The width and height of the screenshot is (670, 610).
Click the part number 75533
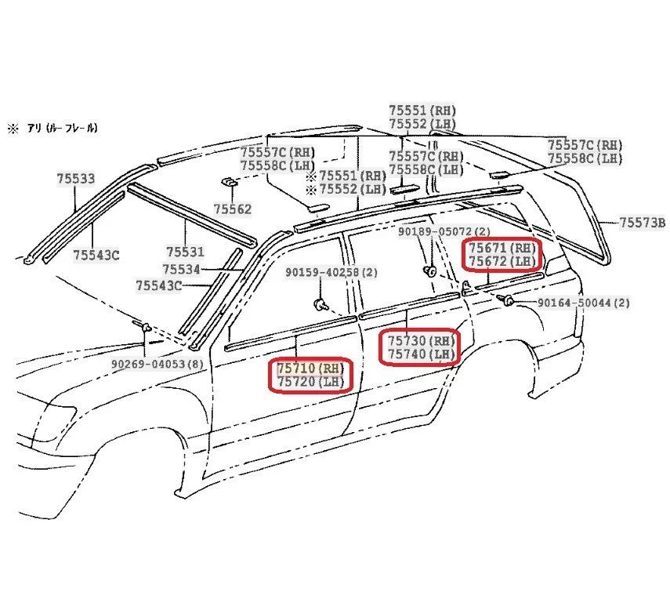(75, 179)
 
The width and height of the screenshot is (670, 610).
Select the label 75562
(233, 209)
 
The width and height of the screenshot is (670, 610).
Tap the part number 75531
(185, 252)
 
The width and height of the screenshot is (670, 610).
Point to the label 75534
(182, 269)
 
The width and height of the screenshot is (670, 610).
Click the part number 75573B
(642, 223)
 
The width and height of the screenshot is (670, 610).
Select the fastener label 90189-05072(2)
(444, 232)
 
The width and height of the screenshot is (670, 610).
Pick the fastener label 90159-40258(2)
(331, 272)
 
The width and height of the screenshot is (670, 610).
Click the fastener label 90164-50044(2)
(584, 302)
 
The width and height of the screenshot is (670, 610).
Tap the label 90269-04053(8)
(158, 364)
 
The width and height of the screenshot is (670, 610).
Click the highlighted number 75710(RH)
(310, 367)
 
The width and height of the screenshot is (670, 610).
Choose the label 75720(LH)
(310, 382)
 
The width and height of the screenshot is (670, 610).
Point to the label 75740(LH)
(420, 354)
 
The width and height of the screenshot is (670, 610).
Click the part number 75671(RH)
(502, 247)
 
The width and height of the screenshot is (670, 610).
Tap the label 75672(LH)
(502, 261)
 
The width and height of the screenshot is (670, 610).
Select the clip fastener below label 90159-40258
(320, 304)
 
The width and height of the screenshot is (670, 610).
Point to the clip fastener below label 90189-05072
(429, 271)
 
